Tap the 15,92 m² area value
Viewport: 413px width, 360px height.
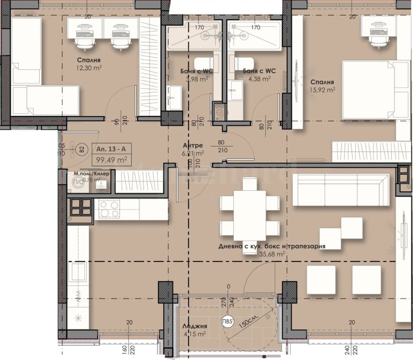(323, 89)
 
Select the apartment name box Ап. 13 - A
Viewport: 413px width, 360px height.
(110, 149)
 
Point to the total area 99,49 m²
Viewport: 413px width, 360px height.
(110, 159)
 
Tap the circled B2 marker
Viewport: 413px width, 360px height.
(81, 150)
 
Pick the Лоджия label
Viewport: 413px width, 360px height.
(194, 326)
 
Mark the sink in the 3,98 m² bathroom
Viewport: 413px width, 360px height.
(174, 95)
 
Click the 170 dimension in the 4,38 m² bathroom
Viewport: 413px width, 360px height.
(255, 27)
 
